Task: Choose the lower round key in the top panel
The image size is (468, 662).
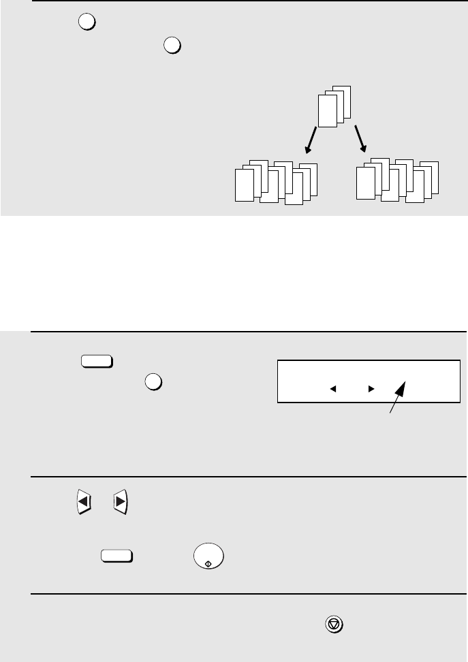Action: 172,45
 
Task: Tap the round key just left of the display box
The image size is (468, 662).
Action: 153,383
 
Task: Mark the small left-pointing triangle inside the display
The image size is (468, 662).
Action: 334,389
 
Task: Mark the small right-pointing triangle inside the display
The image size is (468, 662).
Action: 371,389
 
